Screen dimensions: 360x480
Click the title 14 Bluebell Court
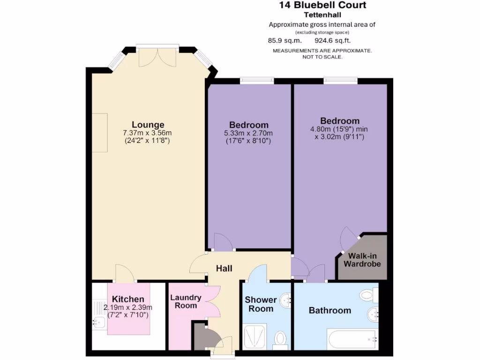[322, 5]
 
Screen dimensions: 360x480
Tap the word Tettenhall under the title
[322, 15]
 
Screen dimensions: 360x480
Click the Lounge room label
[148, 125]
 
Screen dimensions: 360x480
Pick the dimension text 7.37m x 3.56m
[148, 133]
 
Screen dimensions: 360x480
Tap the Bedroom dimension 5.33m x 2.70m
[248, 133]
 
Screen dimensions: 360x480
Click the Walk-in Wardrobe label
[362, 260]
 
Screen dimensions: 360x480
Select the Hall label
[224, 269]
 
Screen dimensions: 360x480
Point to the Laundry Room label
[186, 301]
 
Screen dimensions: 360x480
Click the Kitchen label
[128, 300]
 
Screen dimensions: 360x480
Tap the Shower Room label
[261, 304]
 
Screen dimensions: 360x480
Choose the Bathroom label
[330, 310]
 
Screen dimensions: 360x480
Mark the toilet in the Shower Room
[281, 338]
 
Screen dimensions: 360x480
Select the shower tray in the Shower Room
[255, 336]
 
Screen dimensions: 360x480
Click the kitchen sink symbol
[99, 322]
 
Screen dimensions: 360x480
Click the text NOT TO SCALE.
[322, 57]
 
